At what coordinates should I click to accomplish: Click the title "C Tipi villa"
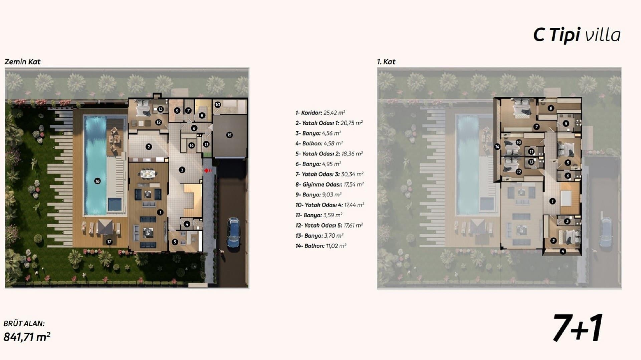577,35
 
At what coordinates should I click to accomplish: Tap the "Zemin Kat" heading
22,62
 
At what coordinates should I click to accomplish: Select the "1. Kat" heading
386,62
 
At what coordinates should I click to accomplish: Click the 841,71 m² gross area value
27,337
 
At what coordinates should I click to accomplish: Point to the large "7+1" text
578,328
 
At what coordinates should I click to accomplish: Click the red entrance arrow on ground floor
208,170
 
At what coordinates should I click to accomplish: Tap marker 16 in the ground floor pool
97,181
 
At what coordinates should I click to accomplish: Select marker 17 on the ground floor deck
109,242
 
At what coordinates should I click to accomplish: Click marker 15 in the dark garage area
229,135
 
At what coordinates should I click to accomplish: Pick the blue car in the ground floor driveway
233,233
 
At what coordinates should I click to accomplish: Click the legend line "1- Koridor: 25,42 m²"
320,113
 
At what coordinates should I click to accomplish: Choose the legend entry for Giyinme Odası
330,185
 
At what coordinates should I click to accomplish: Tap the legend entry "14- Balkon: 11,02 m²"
321,246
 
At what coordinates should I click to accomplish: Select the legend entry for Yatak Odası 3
330,174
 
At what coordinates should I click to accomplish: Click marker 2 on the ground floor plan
149,146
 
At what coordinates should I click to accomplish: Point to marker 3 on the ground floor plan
182,170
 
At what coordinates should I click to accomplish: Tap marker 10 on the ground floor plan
218,104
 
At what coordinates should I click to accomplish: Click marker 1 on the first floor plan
552,201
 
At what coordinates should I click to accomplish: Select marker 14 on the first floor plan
497,146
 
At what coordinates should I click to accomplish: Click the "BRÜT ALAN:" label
24,323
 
